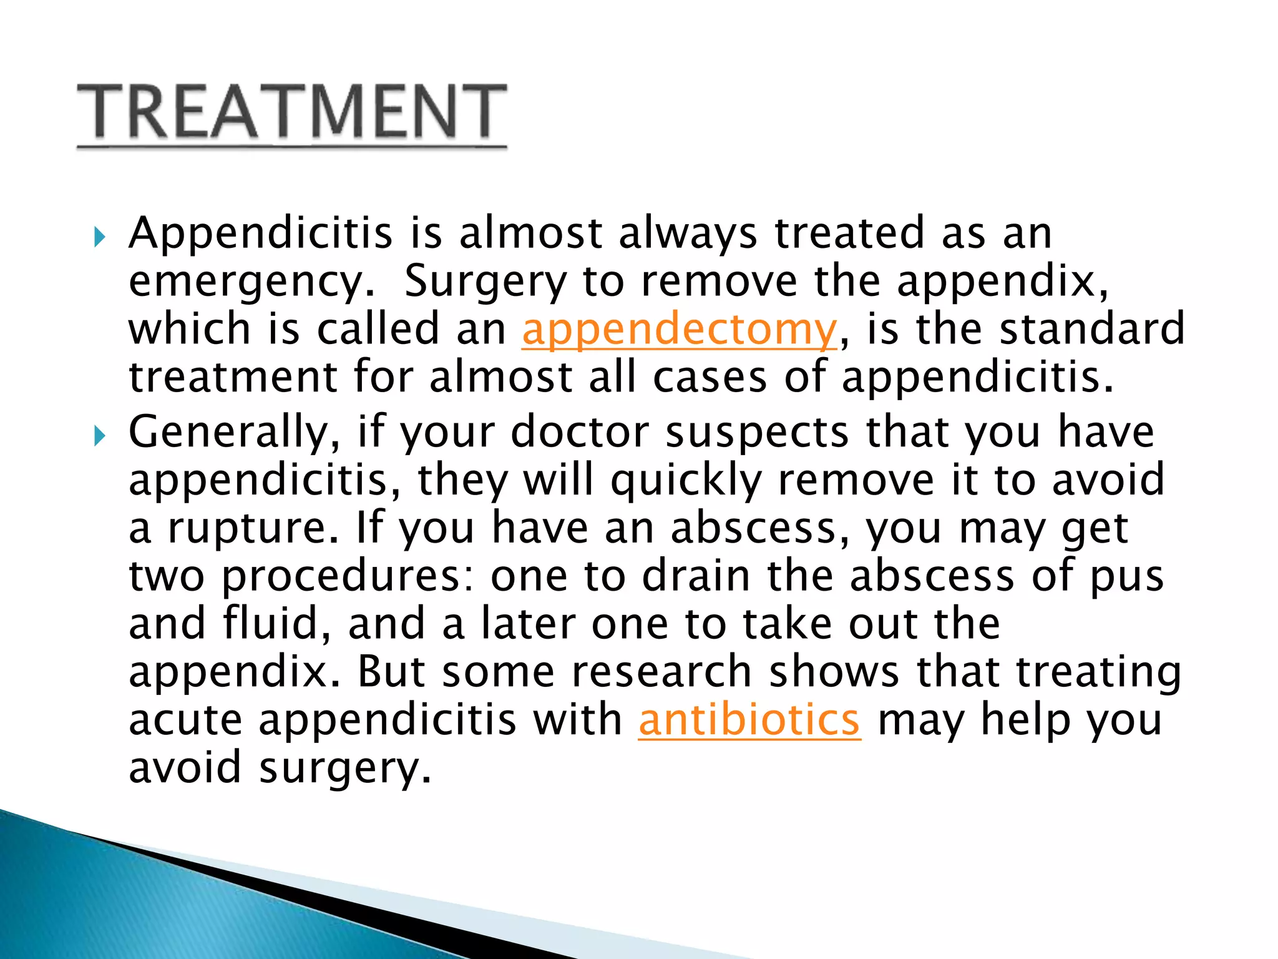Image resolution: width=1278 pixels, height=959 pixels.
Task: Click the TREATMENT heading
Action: [x=291, y=112]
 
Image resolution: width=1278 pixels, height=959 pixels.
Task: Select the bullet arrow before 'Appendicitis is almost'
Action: [x=100, y=237]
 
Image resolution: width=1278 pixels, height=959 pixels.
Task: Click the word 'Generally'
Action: [x=234, y=432]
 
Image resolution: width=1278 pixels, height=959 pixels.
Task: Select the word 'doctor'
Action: [x=580, y=432]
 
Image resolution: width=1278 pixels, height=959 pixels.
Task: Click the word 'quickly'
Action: [x=686, y=481]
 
